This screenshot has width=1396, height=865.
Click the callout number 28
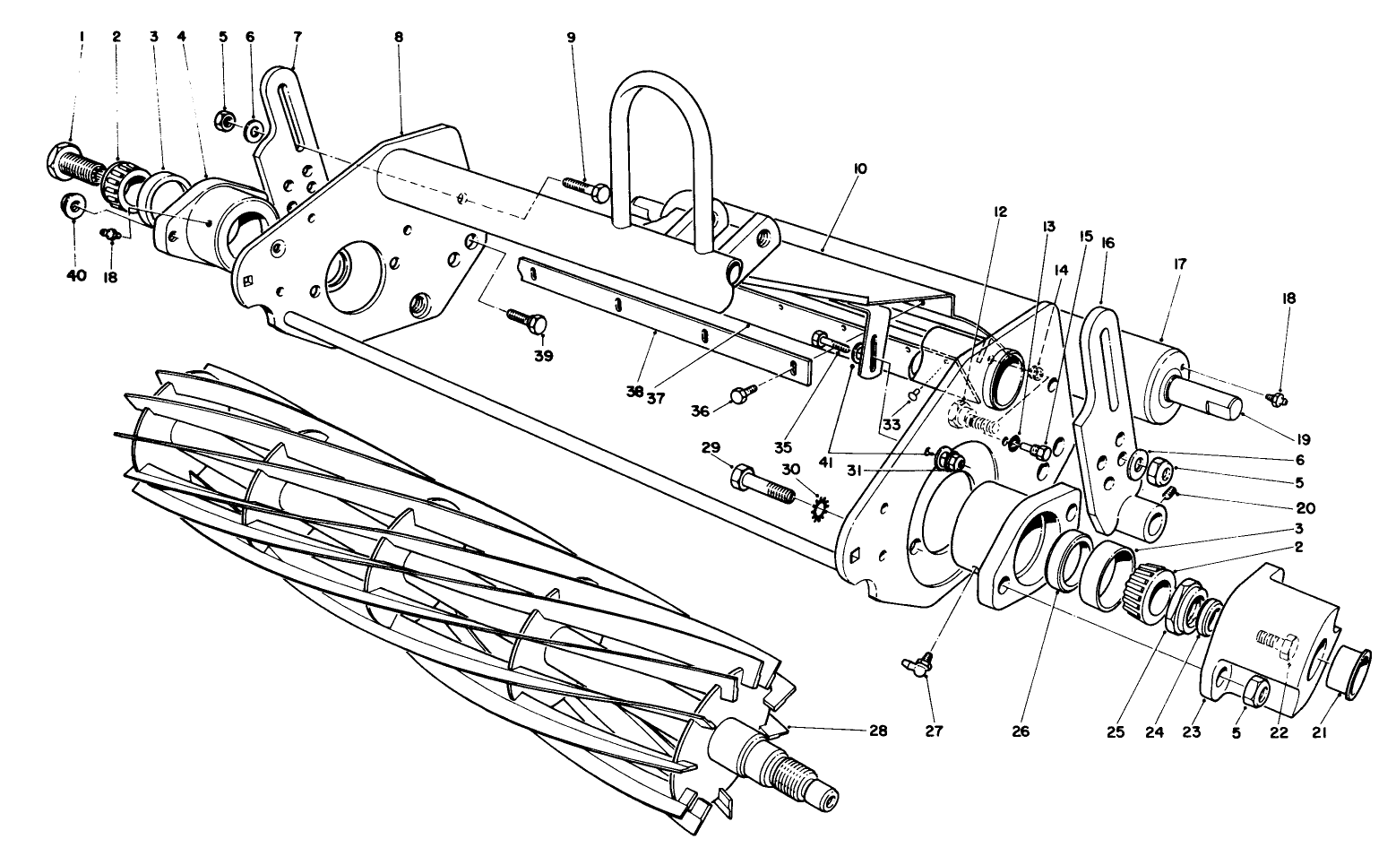tap(877, 731)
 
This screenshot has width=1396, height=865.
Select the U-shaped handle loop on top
tap(654, 99)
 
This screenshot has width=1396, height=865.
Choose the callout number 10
tap(860, 169)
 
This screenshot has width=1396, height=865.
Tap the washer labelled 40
tap(72, 206)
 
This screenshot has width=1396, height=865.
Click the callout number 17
tap(1179, 264)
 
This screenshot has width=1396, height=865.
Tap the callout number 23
tap(1190, 731)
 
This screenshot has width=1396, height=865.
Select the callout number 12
tap(1000, 212)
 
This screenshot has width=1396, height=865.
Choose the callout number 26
tap(1020, 731)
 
